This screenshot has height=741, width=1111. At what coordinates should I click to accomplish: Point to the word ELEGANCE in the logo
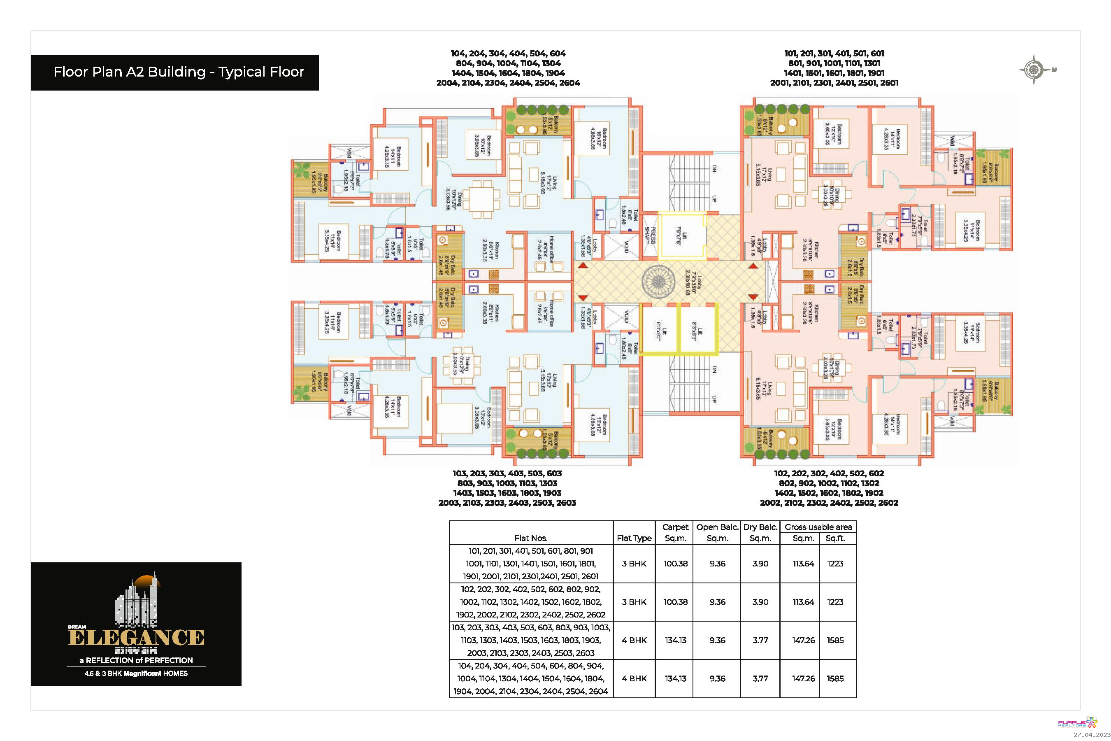[136, 638]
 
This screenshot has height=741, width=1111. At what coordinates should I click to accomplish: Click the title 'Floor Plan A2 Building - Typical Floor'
[179, 72]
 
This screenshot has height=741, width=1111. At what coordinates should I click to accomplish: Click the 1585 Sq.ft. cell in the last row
[834, 678]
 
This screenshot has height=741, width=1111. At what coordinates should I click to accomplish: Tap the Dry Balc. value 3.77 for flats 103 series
[760, 640]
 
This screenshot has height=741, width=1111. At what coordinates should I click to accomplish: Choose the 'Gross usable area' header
[818, 527]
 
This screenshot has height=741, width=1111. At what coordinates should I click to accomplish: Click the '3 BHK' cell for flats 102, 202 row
[634, 601]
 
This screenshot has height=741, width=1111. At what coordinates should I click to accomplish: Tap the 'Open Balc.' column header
[717, 527]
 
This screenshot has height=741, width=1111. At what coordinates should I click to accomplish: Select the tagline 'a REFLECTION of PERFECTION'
[136, 660]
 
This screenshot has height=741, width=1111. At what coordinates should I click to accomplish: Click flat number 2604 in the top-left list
[569, 83]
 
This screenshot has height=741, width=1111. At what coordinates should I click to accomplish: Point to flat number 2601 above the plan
[888, 83]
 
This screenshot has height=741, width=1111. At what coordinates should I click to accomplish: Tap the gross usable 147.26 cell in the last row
[803, 678]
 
